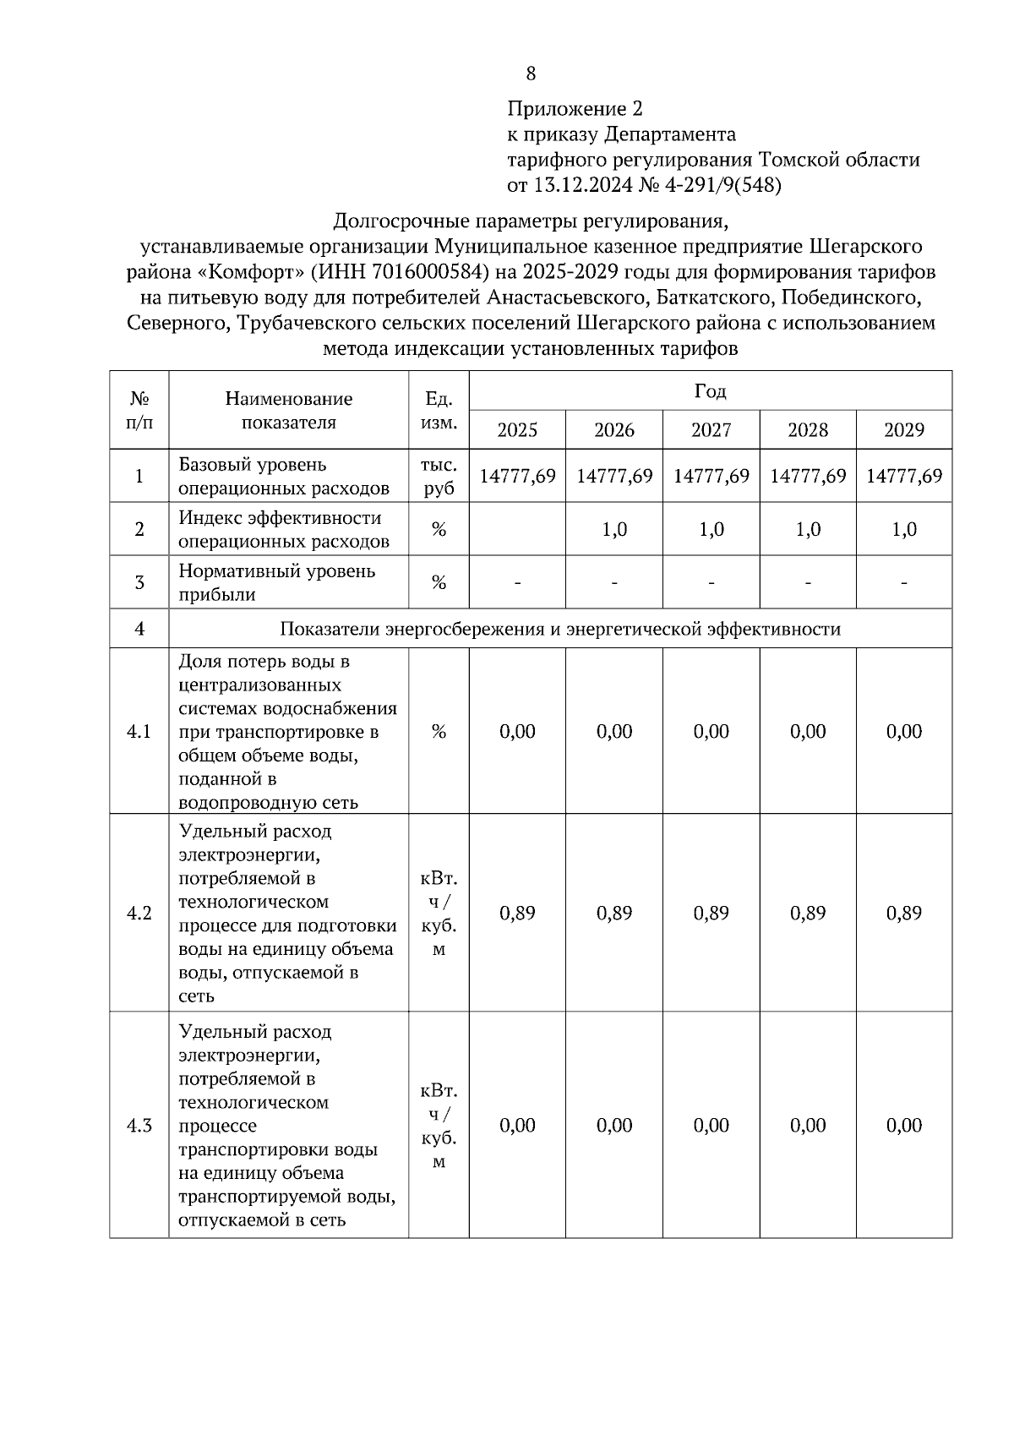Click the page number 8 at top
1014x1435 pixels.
[531, 74]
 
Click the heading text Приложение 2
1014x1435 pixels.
[575, 109]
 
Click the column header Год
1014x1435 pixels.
[710, 391]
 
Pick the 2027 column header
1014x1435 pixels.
[711, 430]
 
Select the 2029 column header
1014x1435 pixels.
[903, 430]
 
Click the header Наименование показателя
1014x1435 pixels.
[288, 410]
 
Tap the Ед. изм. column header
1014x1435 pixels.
[439, 410]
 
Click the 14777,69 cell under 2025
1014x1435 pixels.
[517, 476]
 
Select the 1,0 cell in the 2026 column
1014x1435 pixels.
[614, 530]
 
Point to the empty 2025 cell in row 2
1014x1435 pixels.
[517, 530]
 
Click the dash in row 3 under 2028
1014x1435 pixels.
[808, 583]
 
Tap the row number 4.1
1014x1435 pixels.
[139, 732]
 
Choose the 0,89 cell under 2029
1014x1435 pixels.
[903, 914]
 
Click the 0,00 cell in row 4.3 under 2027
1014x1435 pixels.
[711, 1126]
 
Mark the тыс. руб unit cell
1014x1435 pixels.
[439, 476]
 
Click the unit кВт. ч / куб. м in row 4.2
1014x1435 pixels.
[439, 914]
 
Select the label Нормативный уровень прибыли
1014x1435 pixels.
[276, 582]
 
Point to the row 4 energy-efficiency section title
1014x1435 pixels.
[560, 630]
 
